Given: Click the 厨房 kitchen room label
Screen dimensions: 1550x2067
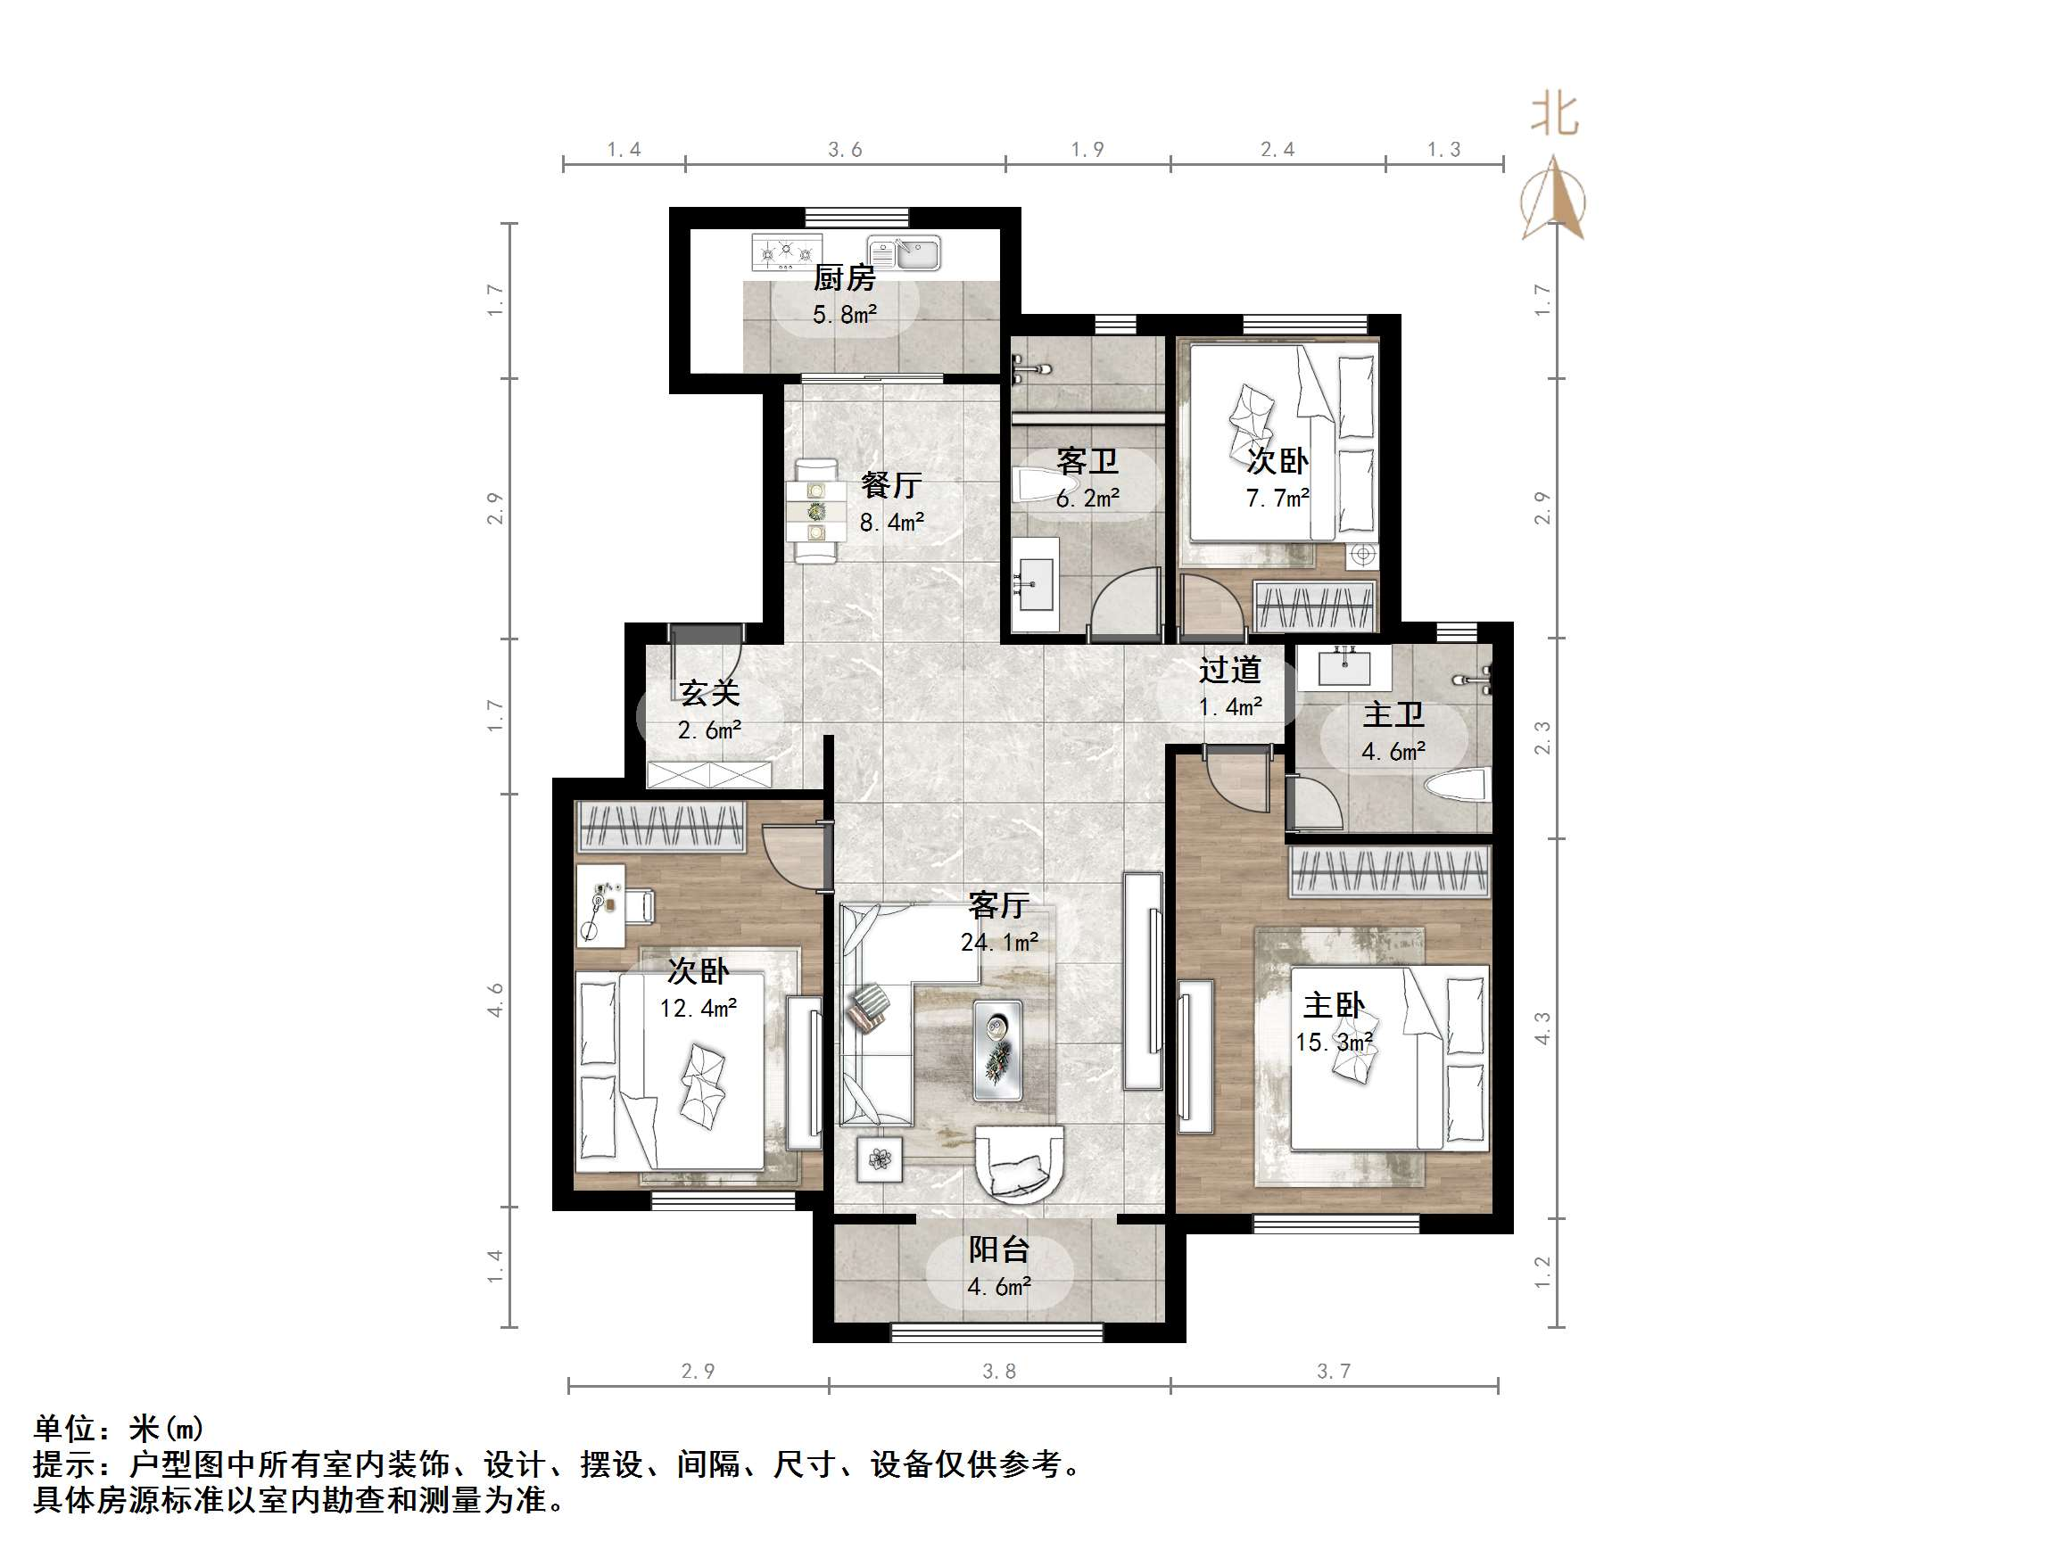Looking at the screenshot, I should [844, 277].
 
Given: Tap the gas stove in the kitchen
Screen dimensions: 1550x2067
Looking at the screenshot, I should [787, 251].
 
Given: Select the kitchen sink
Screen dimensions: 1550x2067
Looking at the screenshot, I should [904, 252].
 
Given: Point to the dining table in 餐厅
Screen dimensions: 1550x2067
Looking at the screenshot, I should [815, 510].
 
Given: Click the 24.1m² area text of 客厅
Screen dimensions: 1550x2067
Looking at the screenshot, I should [999, 942].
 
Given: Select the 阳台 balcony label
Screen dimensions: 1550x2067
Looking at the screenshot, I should [999, 1249].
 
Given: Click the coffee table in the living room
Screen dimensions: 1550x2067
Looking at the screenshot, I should [997, 1049].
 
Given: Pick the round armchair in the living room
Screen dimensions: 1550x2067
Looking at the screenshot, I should [1019, 1162].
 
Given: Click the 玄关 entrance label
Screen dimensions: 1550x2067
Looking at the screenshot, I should [709, 692].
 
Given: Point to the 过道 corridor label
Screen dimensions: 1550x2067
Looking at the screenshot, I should [1229, 670].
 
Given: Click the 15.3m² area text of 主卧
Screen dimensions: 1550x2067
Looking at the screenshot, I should [1334, 1042].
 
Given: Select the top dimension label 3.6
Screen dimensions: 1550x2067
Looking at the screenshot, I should [845, 150].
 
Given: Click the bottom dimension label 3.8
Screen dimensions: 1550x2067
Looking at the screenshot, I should [999, 1372].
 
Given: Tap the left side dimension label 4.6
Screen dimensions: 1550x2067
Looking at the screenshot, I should [495, 1000].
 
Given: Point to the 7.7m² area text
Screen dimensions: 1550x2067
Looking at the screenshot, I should [1277, 498].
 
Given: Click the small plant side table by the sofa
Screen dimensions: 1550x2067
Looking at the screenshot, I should [880, 1159].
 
